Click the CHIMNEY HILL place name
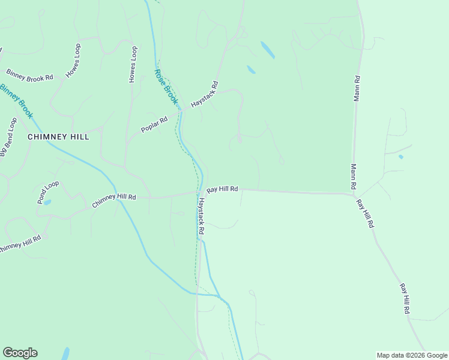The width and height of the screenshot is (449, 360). tap(59, 137)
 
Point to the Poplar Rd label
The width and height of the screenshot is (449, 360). tap(154, 121)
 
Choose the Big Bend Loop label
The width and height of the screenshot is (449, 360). tap(7, 137)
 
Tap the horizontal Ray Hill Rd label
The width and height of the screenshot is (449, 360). tap(223, 189)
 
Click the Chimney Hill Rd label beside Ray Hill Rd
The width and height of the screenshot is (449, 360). tap(114, 201)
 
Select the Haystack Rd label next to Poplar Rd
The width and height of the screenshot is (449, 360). tap(205, 95)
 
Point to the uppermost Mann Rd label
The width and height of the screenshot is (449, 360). tap(357, 88)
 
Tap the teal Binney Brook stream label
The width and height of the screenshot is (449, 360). tap(17, 100)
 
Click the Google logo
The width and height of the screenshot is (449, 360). tap(20, 352)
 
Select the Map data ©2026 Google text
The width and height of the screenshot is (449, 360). tap(411, 355)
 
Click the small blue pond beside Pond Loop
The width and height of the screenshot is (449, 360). tap(47, 202)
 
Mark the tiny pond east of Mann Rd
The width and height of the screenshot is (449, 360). tap(400, 157)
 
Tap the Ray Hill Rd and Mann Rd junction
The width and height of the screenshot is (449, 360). tap(353, 194)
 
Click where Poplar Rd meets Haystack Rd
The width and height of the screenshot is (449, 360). tap(181, 110)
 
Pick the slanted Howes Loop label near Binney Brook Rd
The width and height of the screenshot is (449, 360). tap(73, 70)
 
